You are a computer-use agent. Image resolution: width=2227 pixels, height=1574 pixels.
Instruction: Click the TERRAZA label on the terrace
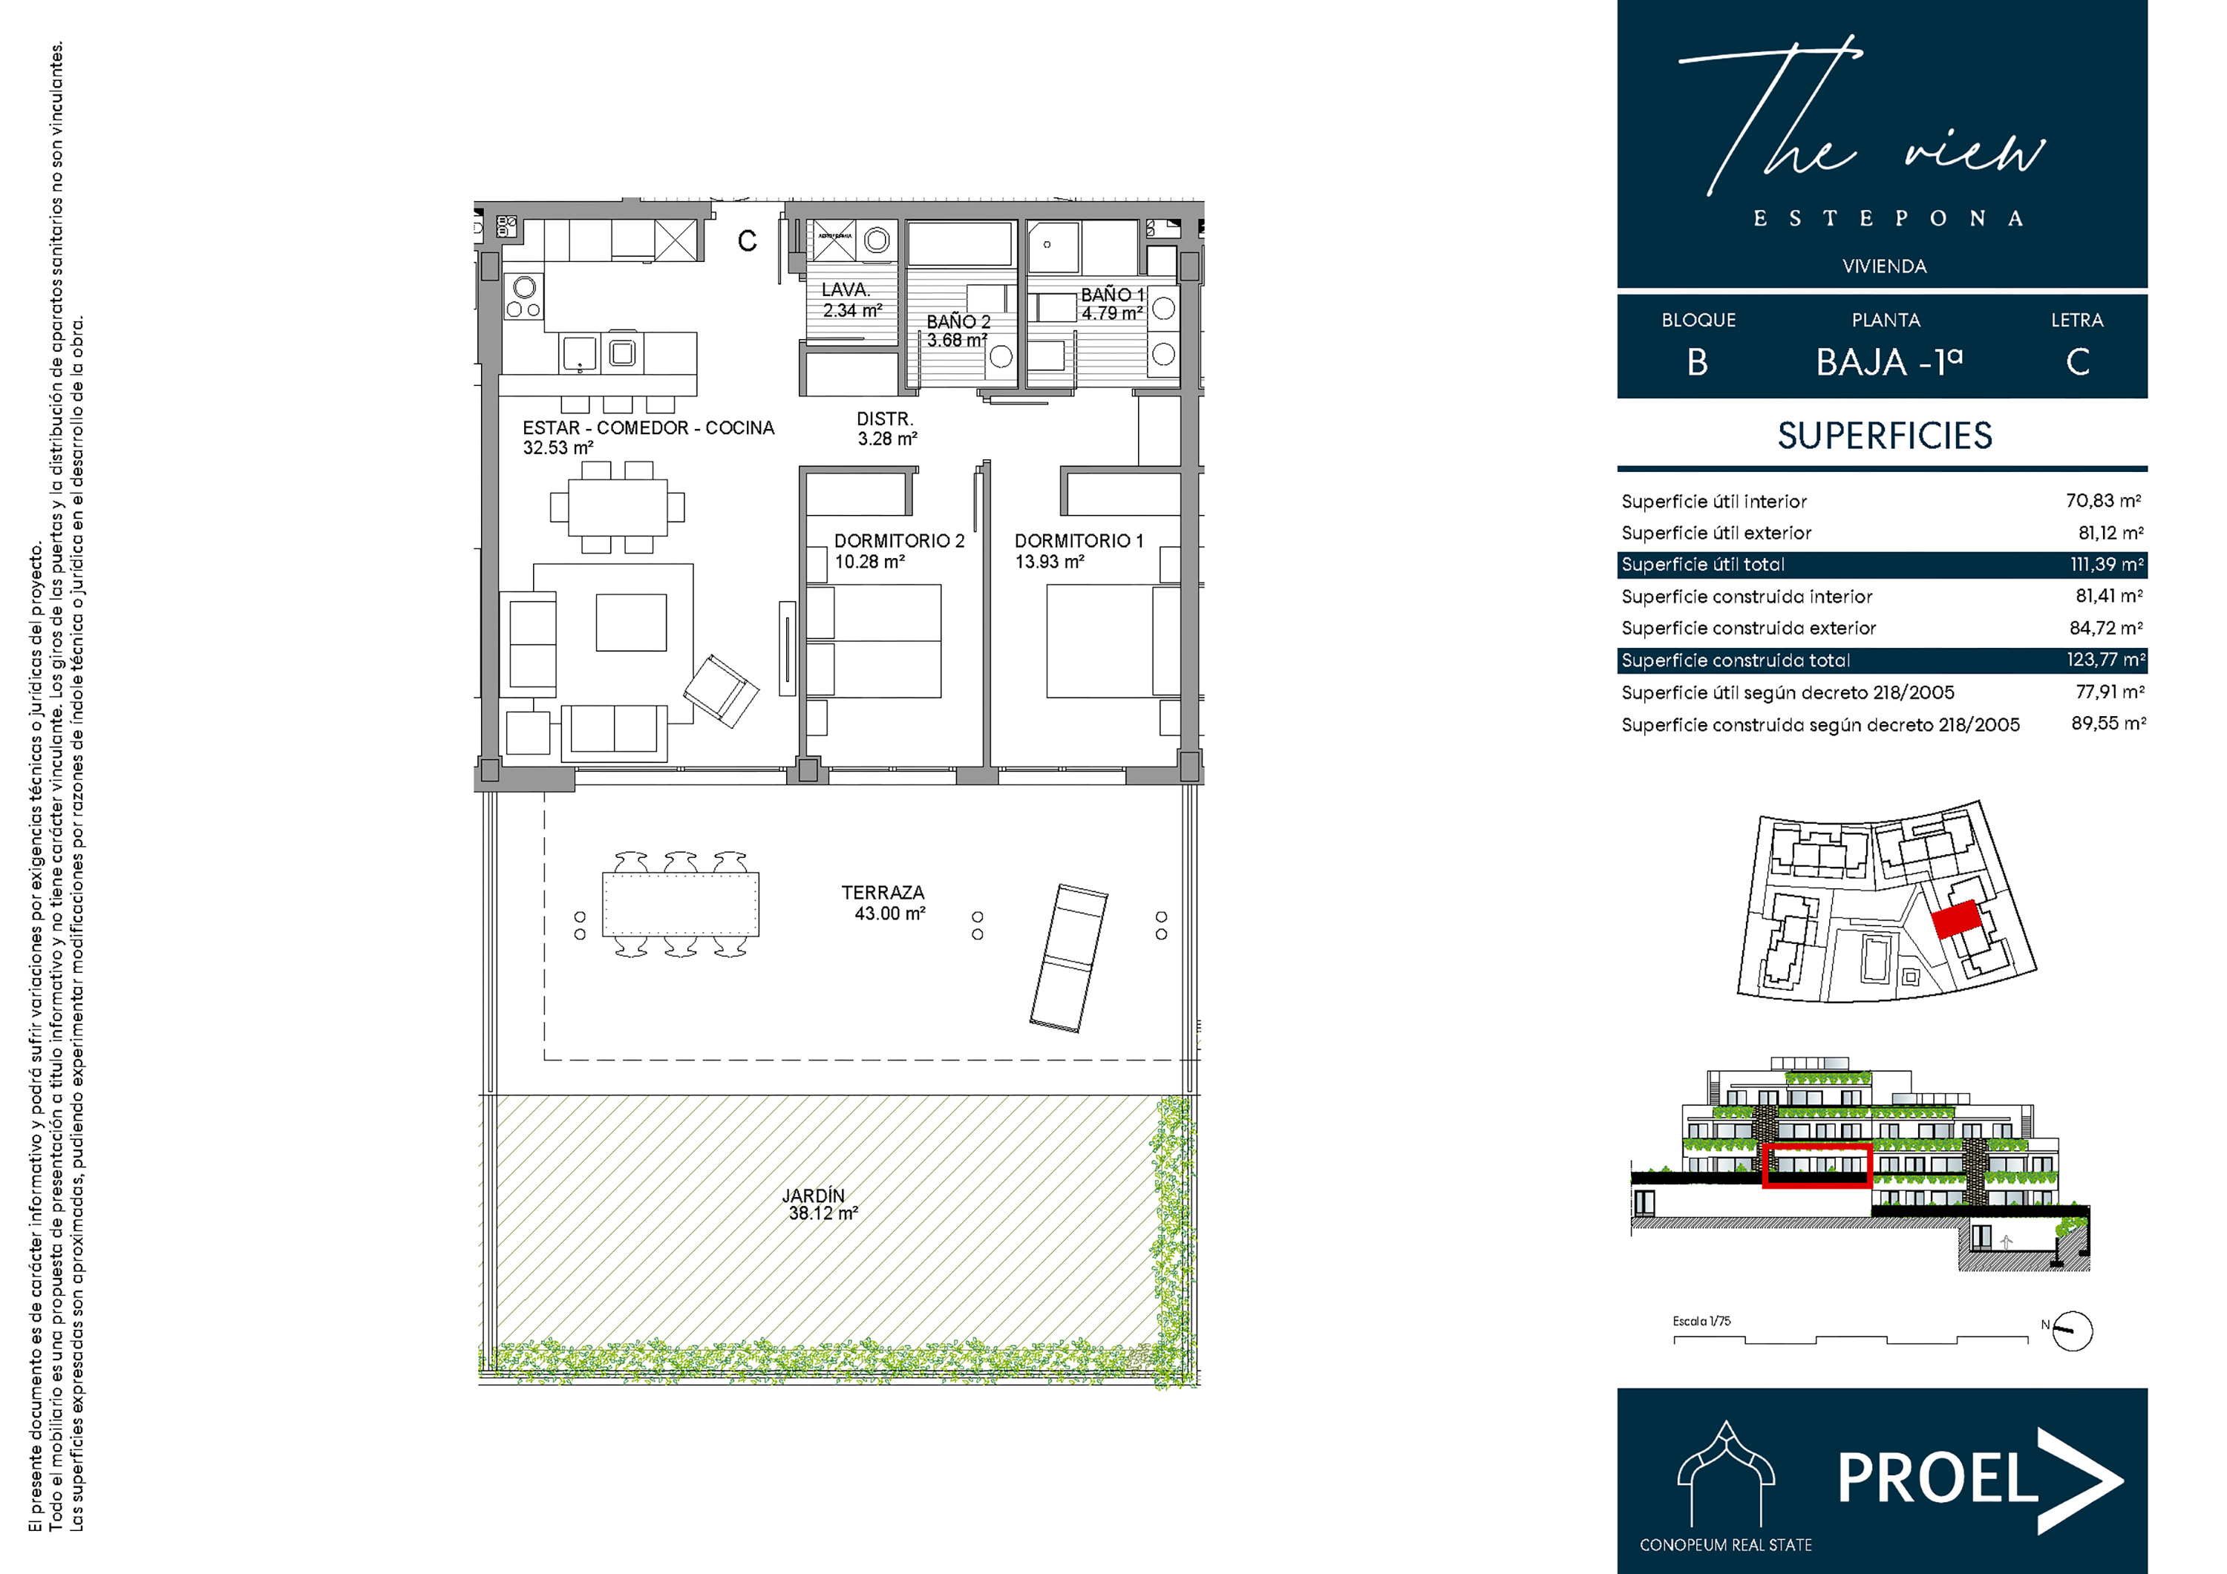[883, 892]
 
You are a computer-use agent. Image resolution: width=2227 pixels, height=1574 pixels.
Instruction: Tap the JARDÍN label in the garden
[814, 1196]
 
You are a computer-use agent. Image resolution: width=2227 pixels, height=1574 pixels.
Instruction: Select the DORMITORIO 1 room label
[1079, 541]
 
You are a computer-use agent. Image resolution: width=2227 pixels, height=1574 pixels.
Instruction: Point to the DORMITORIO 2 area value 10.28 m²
[870, 562]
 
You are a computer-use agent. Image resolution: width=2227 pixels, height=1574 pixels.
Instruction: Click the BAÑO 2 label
[958, 322]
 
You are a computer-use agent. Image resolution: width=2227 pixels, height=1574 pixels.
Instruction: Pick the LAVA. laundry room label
[846, 290]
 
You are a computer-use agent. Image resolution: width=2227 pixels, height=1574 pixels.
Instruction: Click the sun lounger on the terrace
[1069, 957]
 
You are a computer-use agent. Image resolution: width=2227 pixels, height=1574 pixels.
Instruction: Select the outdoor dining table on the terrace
[680, 904]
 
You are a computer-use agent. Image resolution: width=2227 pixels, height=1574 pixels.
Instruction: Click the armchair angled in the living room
[721, 690]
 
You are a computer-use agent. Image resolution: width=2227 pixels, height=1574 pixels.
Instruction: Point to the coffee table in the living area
[632, 623]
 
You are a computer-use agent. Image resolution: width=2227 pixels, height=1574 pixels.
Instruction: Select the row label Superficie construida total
[1736, 660]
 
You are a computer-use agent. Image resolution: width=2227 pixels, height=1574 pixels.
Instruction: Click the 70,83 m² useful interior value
[2103, 500]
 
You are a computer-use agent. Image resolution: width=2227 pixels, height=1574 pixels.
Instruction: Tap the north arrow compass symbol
[2073, 1331]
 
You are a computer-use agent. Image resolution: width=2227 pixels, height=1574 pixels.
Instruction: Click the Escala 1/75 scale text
[1701, 1321]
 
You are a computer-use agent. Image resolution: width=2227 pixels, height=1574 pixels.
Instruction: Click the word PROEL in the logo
[1937, 1479]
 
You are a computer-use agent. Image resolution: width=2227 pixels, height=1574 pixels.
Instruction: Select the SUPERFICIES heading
[1885, 436]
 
